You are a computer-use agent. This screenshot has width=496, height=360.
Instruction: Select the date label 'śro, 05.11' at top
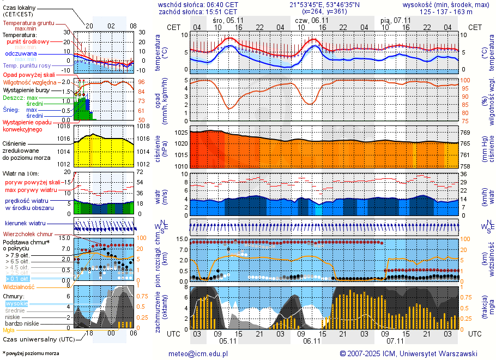point(228,20)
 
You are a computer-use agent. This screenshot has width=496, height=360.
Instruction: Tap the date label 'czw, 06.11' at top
point(311,20)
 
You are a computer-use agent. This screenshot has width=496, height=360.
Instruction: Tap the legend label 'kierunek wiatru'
point(25,224)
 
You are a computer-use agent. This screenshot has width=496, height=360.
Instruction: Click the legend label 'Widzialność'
point(19,286)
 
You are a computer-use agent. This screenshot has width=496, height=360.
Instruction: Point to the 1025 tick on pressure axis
point(181,133)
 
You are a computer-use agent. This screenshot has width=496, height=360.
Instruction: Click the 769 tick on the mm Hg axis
point(465,133)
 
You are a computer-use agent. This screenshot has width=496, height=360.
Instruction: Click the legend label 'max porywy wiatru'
point(31,190)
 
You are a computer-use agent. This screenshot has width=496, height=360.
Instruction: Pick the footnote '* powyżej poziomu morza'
point(31,353)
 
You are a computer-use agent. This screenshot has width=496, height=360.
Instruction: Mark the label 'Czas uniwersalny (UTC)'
point(38,339)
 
